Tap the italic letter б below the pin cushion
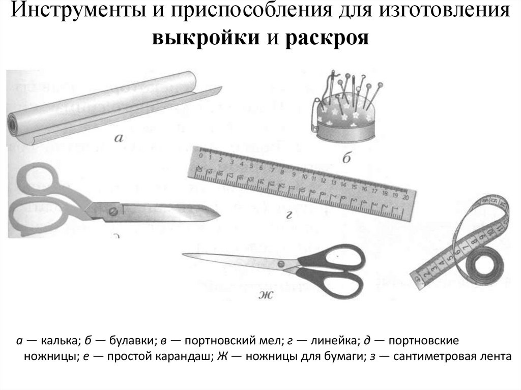click(346, 159)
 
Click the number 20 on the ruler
click(405, 196)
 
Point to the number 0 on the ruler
click(201, 156)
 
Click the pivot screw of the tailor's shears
click(111, 210)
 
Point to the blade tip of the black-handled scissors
click(184, 252)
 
